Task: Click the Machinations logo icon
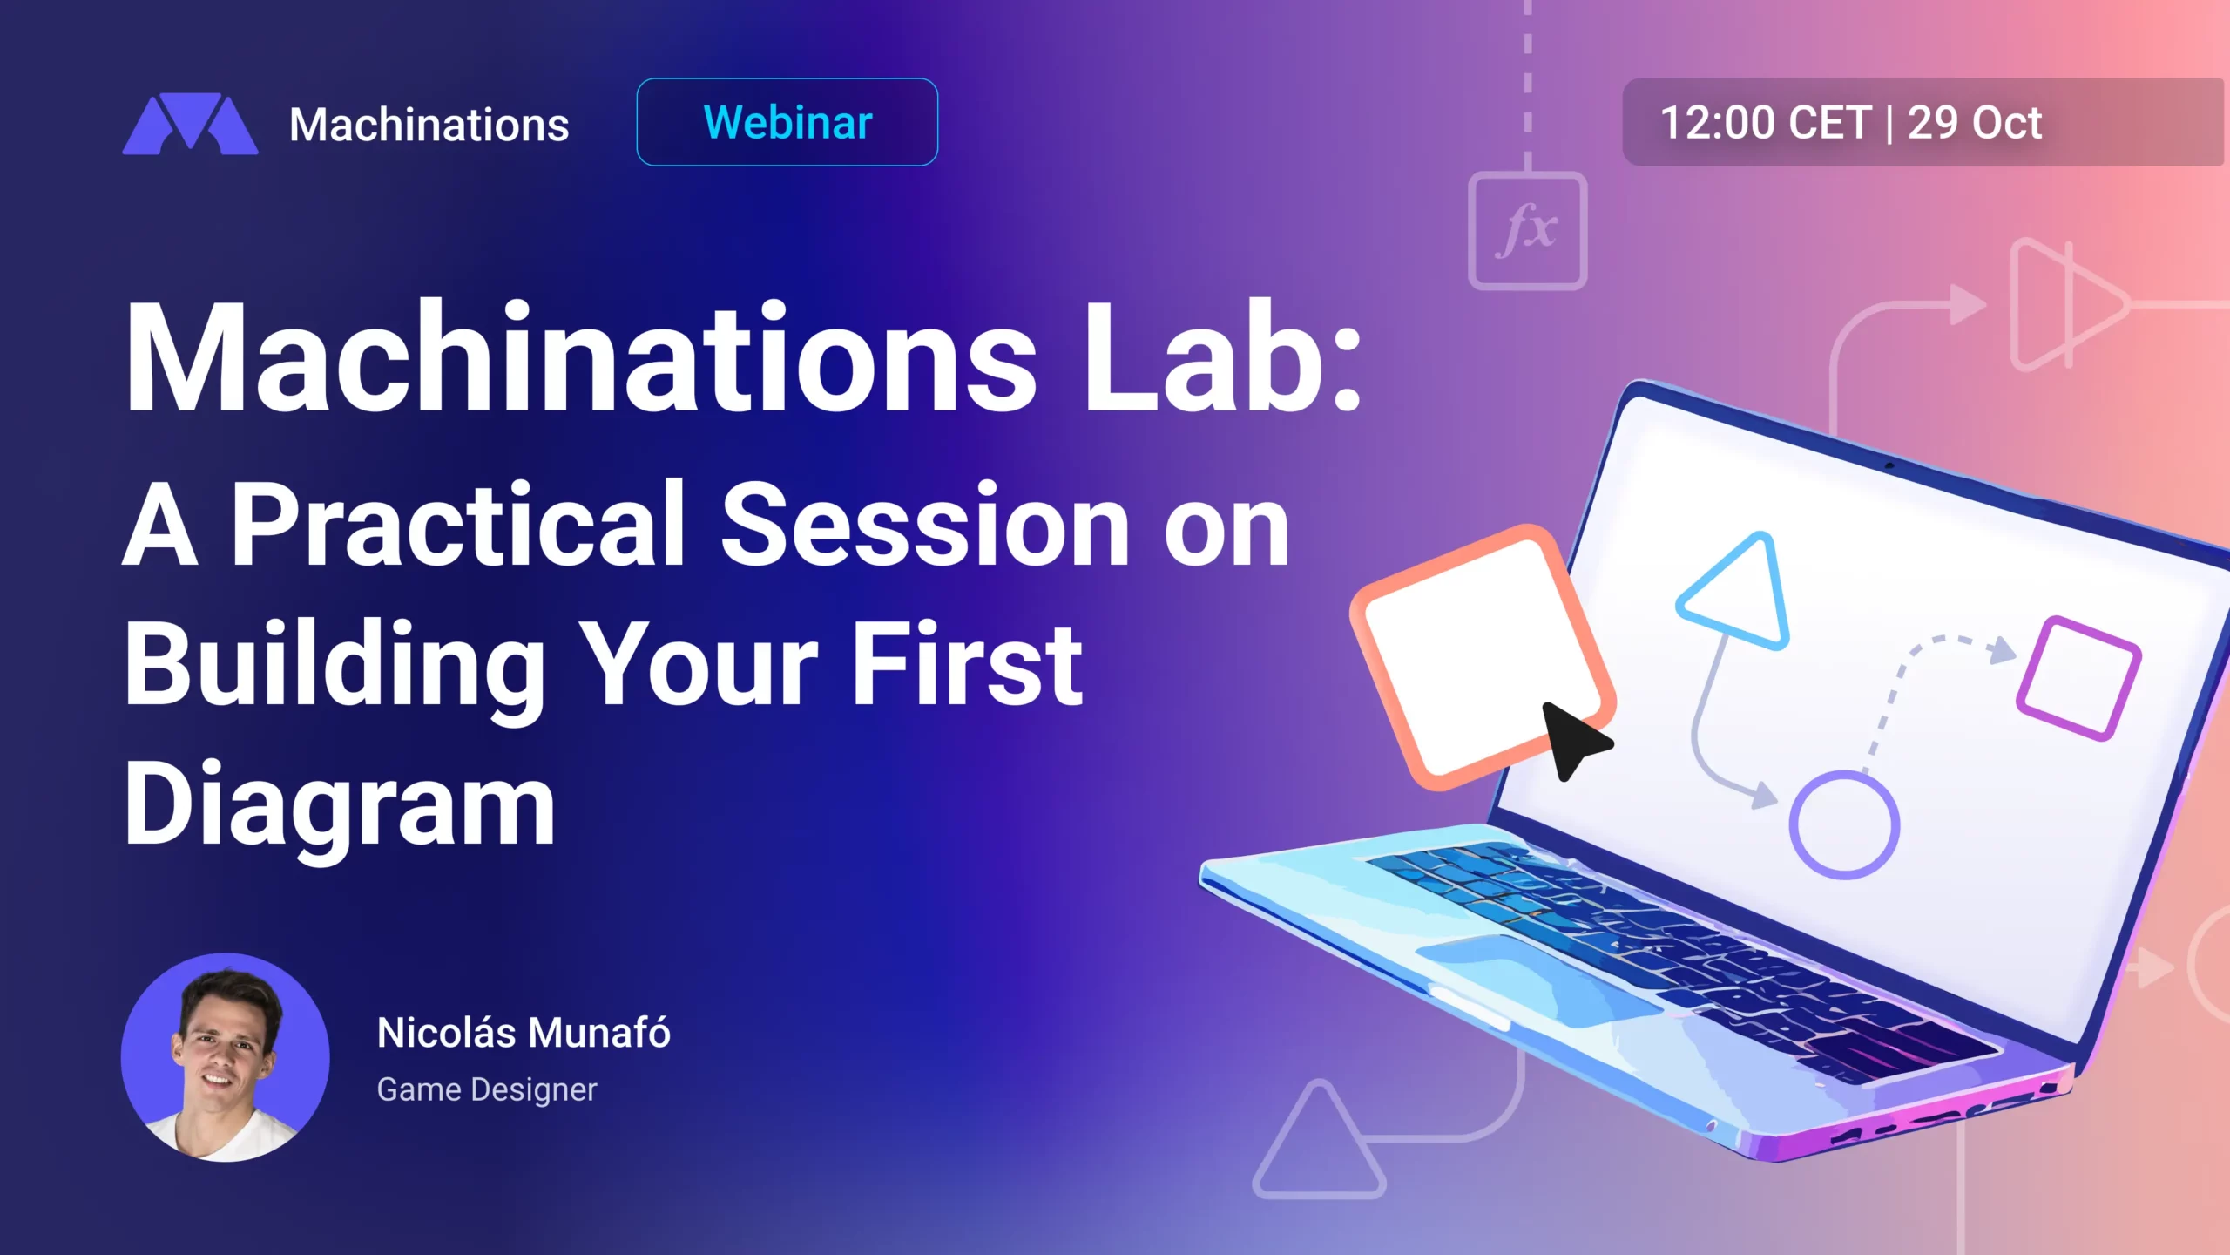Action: pos(190,124)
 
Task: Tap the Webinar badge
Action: pos(787,122)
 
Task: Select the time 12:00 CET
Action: pos(1766,123)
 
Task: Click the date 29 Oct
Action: pos(1974,123)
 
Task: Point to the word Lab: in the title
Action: pos(1222,356)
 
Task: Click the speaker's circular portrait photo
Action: pos(226,1057)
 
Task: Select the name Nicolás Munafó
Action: pos(524,1033)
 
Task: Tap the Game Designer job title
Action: pos(487,1089)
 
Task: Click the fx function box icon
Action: pos(1528,231)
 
